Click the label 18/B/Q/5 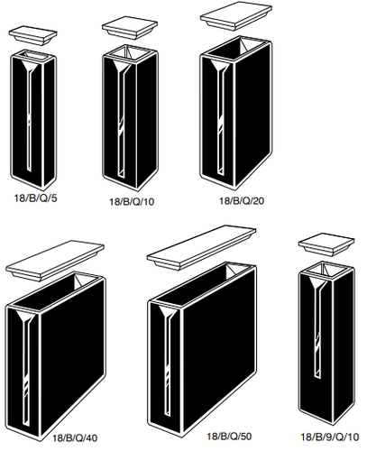pyautogui.click(x=35, y=198)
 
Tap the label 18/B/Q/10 pyautogui.click(x=132, y=201)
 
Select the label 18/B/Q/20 pyautogui.click(x=242, y=200)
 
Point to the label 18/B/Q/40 pyautogui.click(x=75, y=438)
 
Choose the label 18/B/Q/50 pyautogui.click(x=229, y=436)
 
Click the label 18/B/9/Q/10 pyautogui.click(x=330, y=437)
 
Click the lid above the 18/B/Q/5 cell pyautogui.click(x=33, y=36)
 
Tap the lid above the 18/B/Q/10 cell pyautogui.click(x=130, y=28)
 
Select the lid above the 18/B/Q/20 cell pyautogui.click(x=236, y=16)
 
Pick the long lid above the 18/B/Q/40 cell pyautogui.click(x=55, y=261)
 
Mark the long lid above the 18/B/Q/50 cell pyautogui.click(x=201, y=248)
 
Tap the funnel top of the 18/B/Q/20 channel pyautogui.click(x=220, y=67)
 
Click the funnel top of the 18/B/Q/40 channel pyautogui.click(x=26, y=318)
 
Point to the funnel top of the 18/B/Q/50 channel pyautogui.click(x=169, y=313)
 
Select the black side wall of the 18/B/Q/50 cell pyautogui.click(x=218, y=350)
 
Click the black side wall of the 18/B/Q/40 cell pyautogui.click(x=72, y=355)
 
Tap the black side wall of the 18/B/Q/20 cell pyautogui.click(x=252, y=115)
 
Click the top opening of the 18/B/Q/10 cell pyautogui.click(x=130, y=52)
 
